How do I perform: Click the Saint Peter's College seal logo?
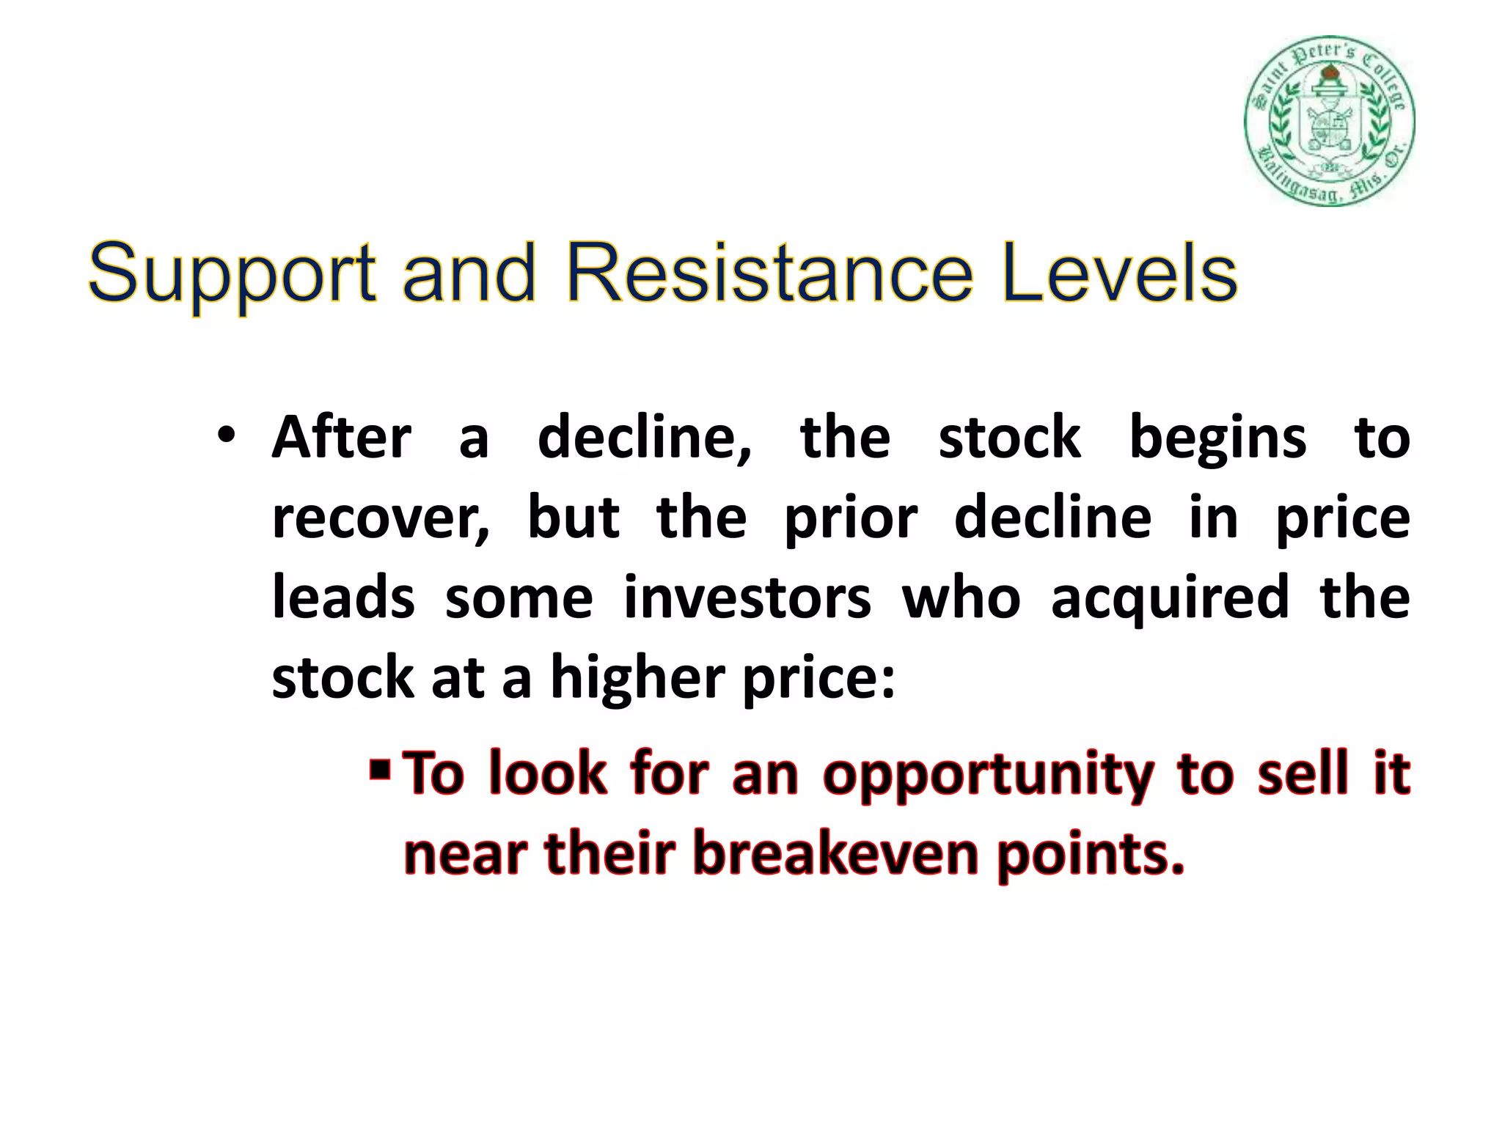click(1329, 121)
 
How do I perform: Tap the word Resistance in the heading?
click(769, 273)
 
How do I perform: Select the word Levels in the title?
click(1119, 273)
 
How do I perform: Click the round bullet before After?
click(226, 435)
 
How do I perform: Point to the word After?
click(341, 438)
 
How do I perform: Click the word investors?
click(747, 597)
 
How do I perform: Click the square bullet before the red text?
click(379, 770)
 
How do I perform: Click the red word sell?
click(1303, 773)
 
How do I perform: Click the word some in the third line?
click(519, 597)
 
